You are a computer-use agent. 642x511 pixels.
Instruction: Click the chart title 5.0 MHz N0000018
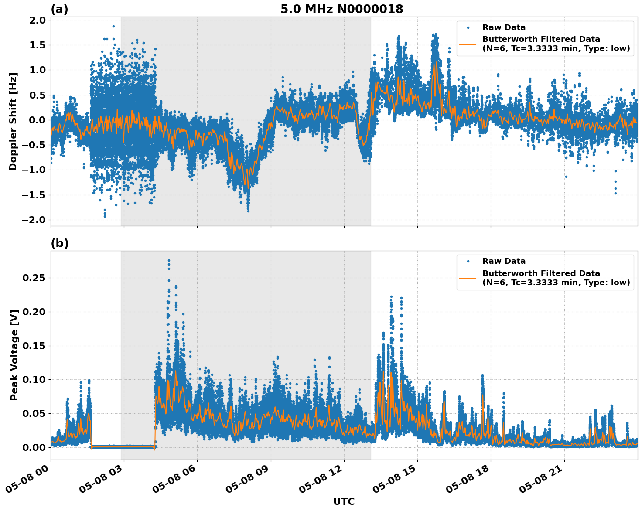[341, 9]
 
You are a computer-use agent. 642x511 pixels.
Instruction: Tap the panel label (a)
[59, 9]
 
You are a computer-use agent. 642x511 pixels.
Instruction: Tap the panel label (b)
[59, 243]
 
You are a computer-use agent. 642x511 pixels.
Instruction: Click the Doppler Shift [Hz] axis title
[14, 121]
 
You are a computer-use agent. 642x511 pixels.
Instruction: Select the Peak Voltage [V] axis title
[14, 355]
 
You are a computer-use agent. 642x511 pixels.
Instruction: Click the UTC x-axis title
[344, 501]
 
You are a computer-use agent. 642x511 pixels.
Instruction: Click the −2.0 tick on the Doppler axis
[34, 220]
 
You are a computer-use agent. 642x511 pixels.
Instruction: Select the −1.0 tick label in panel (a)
[34, 170]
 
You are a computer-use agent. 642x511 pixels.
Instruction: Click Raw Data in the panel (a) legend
[504, 27]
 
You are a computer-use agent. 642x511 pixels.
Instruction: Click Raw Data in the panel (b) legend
[504, 261]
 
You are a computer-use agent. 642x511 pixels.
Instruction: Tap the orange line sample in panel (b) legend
[468, 278]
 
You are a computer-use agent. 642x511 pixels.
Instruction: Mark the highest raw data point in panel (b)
[169, 260]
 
